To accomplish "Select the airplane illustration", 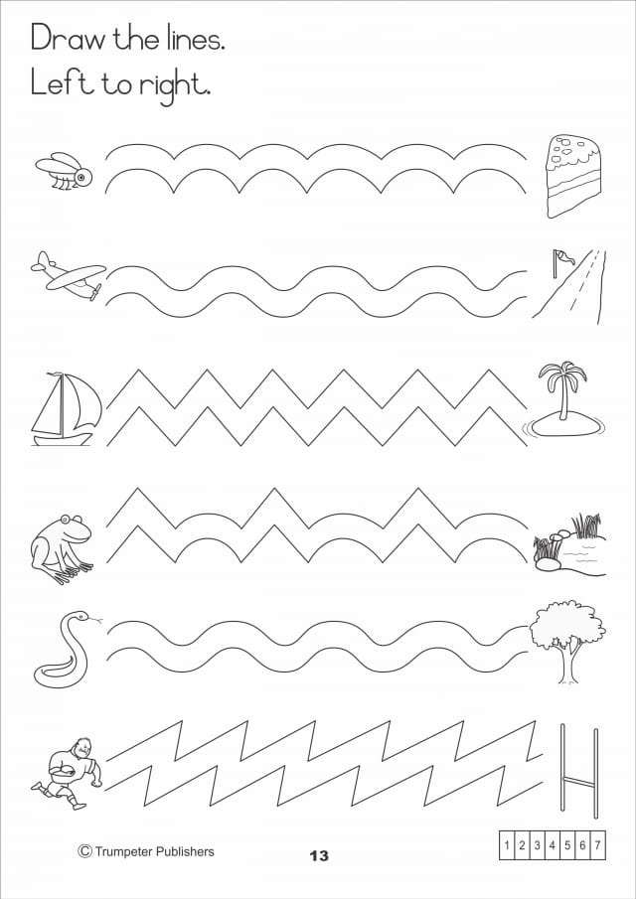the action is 69,276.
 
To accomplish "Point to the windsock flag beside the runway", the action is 563,258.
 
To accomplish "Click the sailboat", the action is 66,409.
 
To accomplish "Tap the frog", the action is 62,548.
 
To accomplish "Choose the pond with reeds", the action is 568,544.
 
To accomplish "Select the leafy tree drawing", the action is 567,641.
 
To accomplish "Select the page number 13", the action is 319,856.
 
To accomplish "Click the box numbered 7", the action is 597,845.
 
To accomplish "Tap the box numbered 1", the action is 508,845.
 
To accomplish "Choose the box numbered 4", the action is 553,845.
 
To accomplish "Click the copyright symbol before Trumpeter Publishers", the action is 84,852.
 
